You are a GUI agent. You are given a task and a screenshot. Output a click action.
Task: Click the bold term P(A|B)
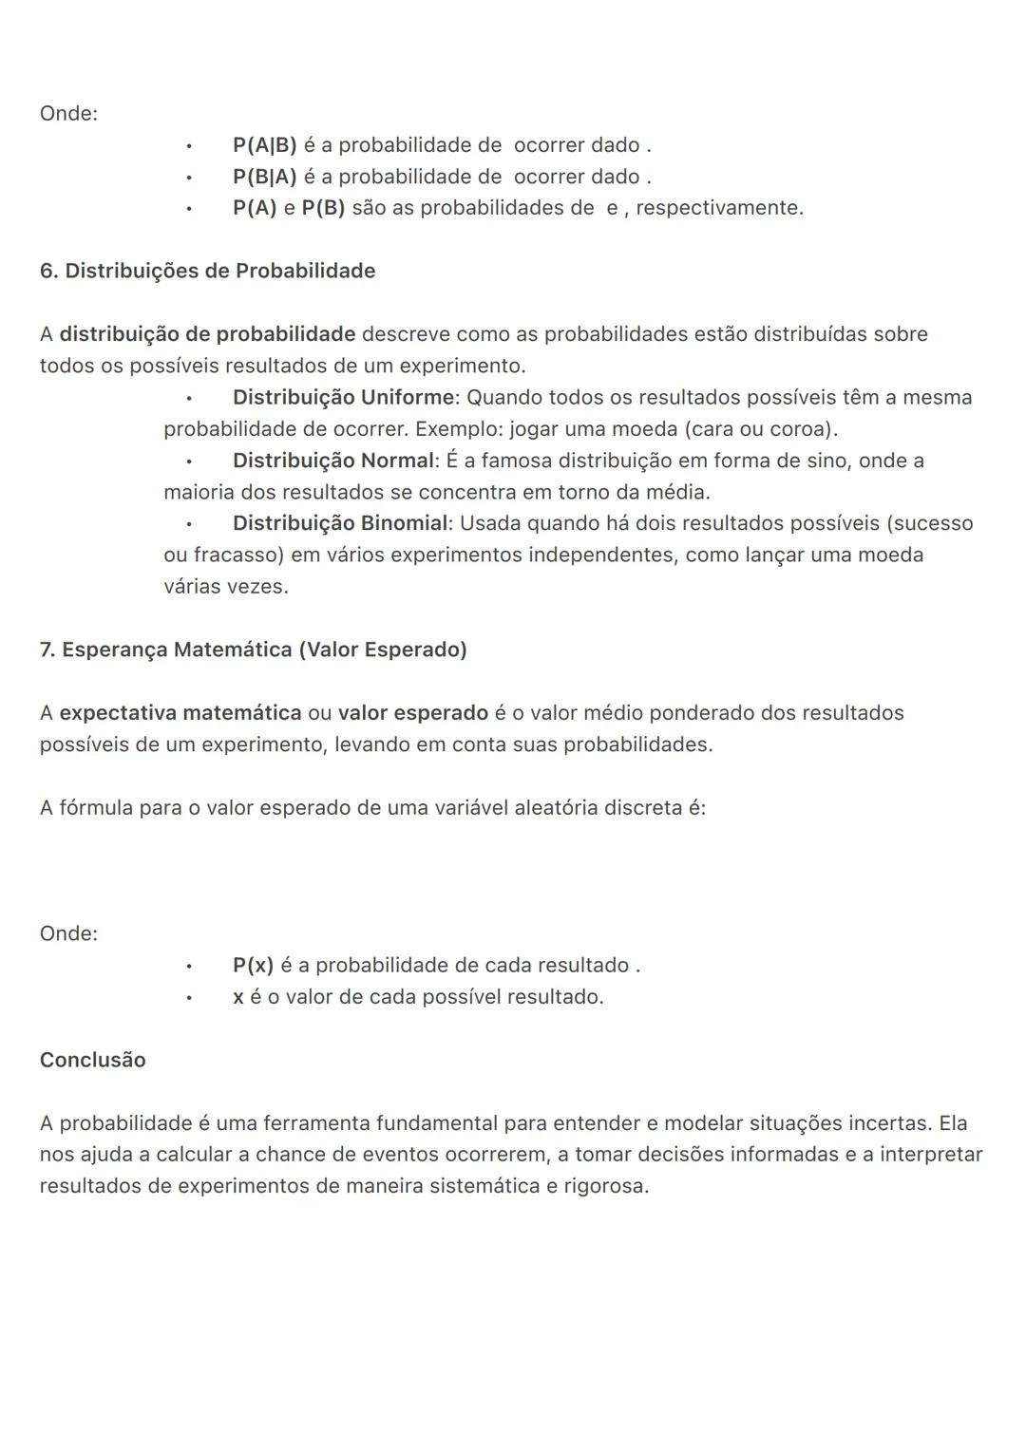264,145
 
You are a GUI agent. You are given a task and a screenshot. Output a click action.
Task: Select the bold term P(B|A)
264,177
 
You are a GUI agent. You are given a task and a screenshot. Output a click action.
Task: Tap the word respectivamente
718,208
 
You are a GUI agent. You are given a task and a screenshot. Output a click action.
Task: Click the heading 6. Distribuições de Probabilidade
207,271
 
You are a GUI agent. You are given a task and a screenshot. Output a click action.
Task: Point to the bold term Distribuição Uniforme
343,397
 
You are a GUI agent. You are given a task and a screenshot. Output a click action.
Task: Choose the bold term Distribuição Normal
332,461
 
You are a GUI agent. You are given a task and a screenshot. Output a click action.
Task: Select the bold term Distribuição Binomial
339,523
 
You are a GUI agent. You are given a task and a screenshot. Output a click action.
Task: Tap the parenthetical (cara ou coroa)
760,429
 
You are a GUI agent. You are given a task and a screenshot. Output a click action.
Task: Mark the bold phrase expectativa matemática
180,713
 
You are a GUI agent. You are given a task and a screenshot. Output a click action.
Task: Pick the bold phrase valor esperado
412,713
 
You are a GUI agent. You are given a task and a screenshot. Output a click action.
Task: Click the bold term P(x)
253,966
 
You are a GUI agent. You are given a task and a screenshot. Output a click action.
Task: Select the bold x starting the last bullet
237,997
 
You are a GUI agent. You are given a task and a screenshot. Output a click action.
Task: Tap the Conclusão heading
92,1060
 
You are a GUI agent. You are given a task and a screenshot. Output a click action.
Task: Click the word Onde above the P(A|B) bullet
67,114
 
